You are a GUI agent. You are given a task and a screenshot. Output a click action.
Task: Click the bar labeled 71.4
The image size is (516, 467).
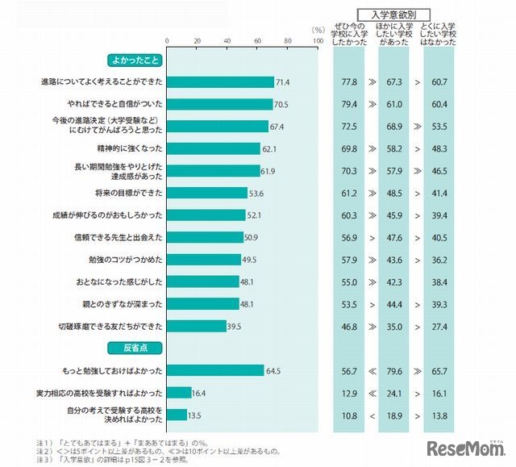tap(220, 82)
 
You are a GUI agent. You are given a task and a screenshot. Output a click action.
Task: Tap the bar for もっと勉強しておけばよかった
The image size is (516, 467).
tap(215, 370)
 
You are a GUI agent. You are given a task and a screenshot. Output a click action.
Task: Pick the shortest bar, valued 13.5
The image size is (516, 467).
tap(177, 415)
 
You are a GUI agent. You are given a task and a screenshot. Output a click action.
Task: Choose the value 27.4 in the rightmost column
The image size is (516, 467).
tap(439, 326)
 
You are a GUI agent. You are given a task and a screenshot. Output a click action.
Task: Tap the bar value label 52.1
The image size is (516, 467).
tap(255, 215)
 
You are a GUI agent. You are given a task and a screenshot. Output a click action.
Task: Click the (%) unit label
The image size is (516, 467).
tap(318, 30)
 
